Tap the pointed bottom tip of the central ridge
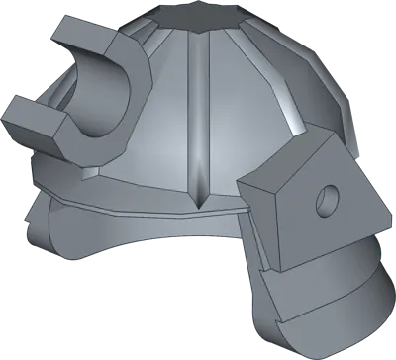pyautogui.click(x=203, y=209)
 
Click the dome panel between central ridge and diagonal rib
pyautogui.click(x=243, y=129)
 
